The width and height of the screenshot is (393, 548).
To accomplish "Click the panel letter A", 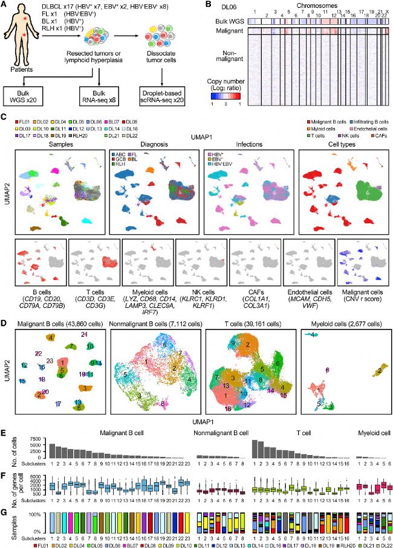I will point(5,6).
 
